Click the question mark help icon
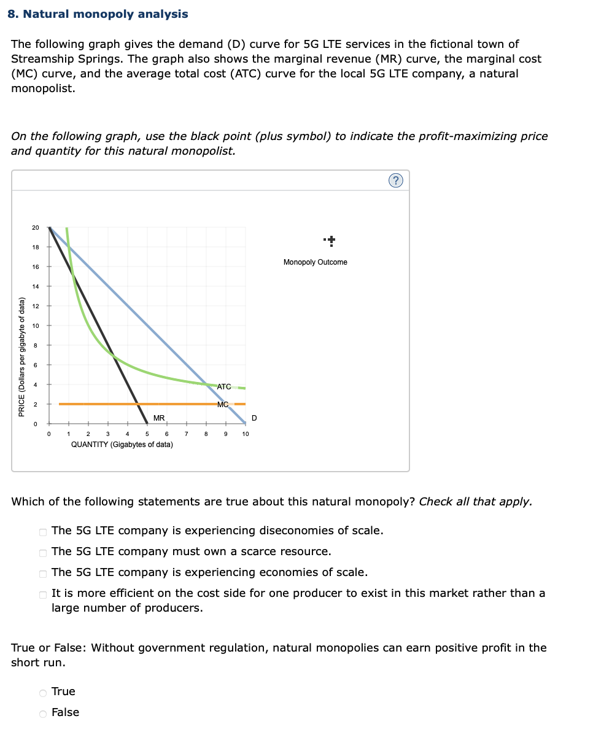[x=396, y=180]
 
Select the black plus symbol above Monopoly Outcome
[x=331, y=241]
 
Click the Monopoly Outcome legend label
[x=315, y=262]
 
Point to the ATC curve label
[x=224, y=387]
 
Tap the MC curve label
[x=223, y=404]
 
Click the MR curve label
[x=158, y=418]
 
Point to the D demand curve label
[x=254, y=418]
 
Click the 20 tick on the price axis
[x=36, y=228]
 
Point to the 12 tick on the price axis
[x=36, y=306]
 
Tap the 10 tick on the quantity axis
[x=245, y=434]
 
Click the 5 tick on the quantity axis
[x=147, y=434]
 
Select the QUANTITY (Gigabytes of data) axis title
[x=122, y=445]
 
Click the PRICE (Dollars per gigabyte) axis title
[x=22, y=357]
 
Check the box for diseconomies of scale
[x=43, y=531]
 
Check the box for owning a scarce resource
[x=43, y=552]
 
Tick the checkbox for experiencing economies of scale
[x=43, y=573]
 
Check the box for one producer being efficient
[x=43, y=594]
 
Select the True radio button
[x=43, y=692]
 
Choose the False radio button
[x=43, y=713]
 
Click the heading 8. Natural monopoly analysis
[x=98, y=14]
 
